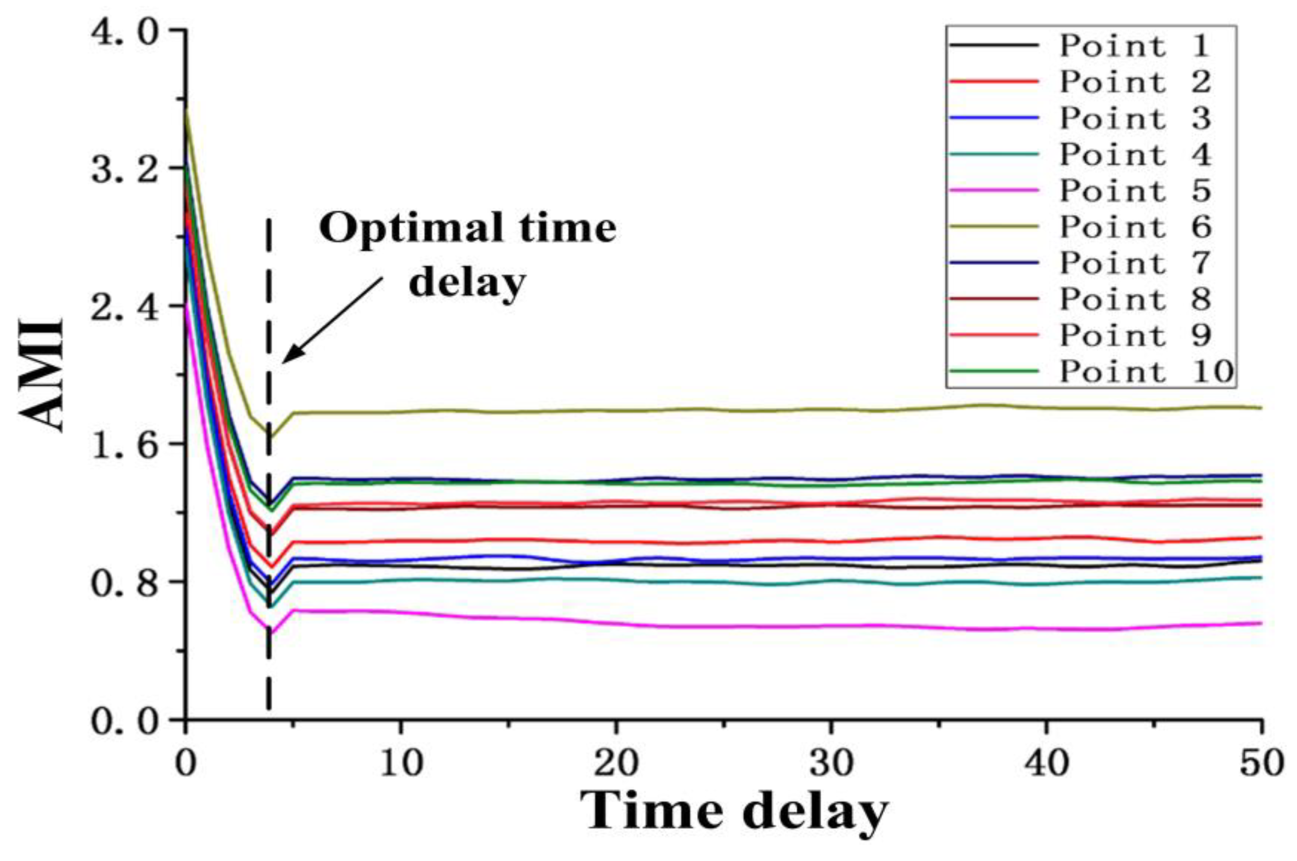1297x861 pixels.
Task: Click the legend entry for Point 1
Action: [1134, 45]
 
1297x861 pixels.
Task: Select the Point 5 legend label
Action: [1135, 191]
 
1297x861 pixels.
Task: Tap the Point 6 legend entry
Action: [1135, 227]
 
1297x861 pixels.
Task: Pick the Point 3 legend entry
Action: [1135, 118]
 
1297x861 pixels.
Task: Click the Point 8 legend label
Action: [1135, 299]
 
